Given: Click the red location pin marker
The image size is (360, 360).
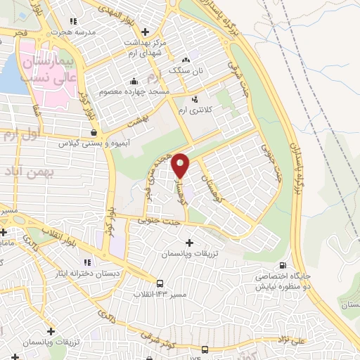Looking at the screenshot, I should tap(181, 165).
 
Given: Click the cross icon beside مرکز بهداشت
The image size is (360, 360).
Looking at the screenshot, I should tap(146, 31).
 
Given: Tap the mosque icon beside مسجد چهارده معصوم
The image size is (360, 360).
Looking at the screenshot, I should tap(133, 91).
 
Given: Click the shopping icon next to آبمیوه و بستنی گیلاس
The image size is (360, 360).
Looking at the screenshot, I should tap(94, 131).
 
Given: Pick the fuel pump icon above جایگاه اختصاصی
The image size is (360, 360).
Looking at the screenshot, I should tap(283, 265).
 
